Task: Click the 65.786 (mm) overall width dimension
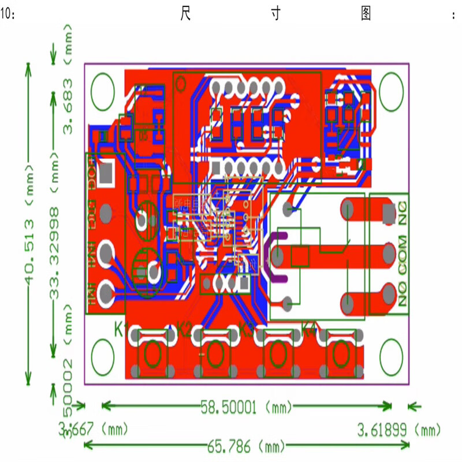tap(247, 446)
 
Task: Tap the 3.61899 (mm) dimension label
tap(398, 430)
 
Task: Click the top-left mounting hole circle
tap(103, 91)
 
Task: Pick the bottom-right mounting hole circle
tap(390, 354)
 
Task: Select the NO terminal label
tap(403, 296)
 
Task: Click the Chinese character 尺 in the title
tap(186, 14)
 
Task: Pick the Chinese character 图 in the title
tap(366, 14)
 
